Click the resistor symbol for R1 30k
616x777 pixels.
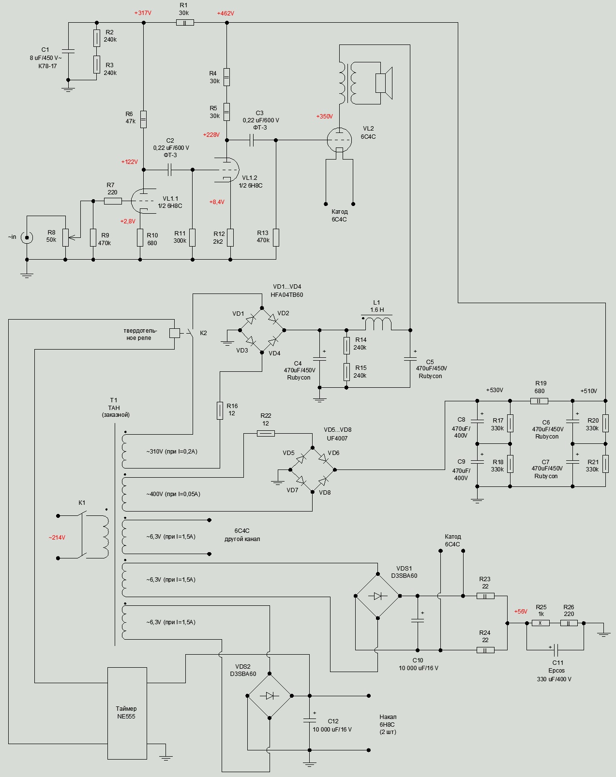[x=185, y=22]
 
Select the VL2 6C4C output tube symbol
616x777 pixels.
[x=340, y=140]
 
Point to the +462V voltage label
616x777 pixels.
[x=225, y=14]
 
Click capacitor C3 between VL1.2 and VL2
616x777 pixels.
[x=252, y=140]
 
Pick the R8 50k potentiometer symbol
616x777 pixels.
[x=65, y=237]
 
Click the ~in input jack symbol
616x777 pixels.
[x=27, y=237]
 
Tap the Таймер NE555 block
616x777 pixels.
[x=127, y=713]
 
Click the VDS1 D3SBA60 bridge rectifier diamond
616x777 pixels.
[x=377, y=596]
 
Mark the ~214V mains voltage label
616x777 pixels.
[x=57, y=538]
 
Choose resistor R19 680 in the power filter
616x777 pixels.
[x=539, y=401]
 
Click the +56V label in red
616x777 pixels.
[x=521, y=612]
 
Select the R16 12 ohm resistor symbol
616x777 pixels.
[x=220, y=410]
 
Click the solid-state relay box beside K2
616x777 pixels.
[x=174, y=333]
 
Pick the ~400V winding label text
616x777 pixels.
[x=173, y=494]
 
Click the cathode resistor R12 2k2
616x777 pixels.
[x=230, y=237]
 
